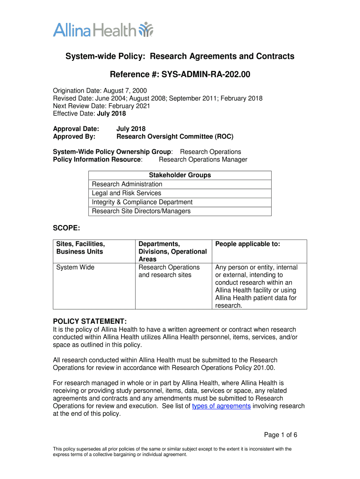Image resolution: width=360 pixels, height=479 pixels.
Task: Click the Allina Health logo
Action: pyautogui.click(x=103, y=30)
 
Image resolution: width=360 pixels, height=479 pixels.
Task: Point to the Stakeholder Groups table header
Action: pyautogui.click(x=180, y=175)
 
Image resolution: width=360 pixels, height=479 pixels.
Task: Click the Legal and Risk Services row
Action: pyautogui.click(x=126, y=193)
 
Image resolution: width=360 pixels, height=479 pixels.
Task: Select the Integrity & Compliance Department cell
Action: pyautogui.click(x=142, y=202)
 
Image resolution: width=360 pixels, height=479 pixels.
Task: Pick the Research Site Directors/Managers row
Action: pyautogui.click(x=141, y=211)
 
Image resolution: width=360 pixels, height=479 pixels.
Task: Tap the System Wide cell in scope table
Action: pyautogui.click(x=75, y=267)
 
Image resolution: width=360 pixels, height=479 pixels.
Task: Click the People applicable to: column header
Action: pyautogui.click(x=248, y=244)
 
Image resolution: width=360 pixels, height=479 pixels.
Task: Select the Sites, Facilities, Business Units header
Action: pyautogui.click(x=80, y=248)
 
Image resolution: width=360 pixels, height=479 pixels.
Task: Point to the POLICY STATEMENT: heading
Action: pyautogui.click(x=89, y=322)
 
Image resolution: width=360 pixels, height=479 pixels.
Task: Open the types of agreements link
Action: pyautogui.click(x=222, y=406)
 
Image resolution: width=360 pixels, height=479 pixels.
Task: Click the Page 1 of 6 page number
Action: pyautogui.click(x=281, y=435)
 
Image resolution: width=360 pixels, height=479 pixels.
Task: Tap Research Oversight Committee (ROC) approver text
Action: pyautogui.click(x=174, y=137)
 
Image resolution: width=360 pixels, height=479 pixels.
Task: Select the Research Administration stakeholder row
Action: pyautogui.click(x=127, y=184)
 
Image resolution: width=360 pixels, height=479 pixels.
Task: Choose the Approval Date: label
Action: pyautogui.click(x=76, y=129)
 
